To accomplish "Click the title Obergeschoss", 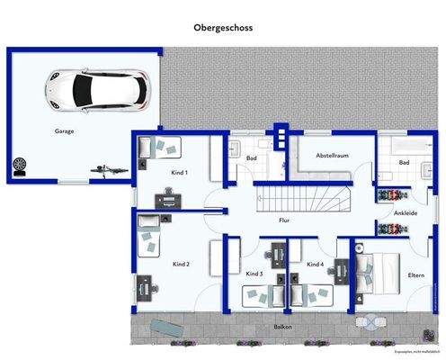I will (x=223, y=28).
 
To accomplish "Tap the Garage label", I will (x=64, y=130).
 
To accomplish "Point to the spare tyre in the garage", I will (x=21, y=165).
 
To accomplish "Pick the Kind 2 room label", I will (x=181, y=265).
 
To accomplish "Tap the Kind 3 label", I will (x=254, y=273).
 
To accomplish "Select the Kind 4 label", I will (x=314, y=265).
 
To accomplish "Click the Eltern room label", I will (x=416, y=275).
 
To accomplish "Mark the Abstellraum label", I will (x=331, y=156).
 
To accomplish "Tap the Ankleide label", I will (x=406, y=212).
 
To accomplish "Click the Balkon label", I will (x=283, y=328).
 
